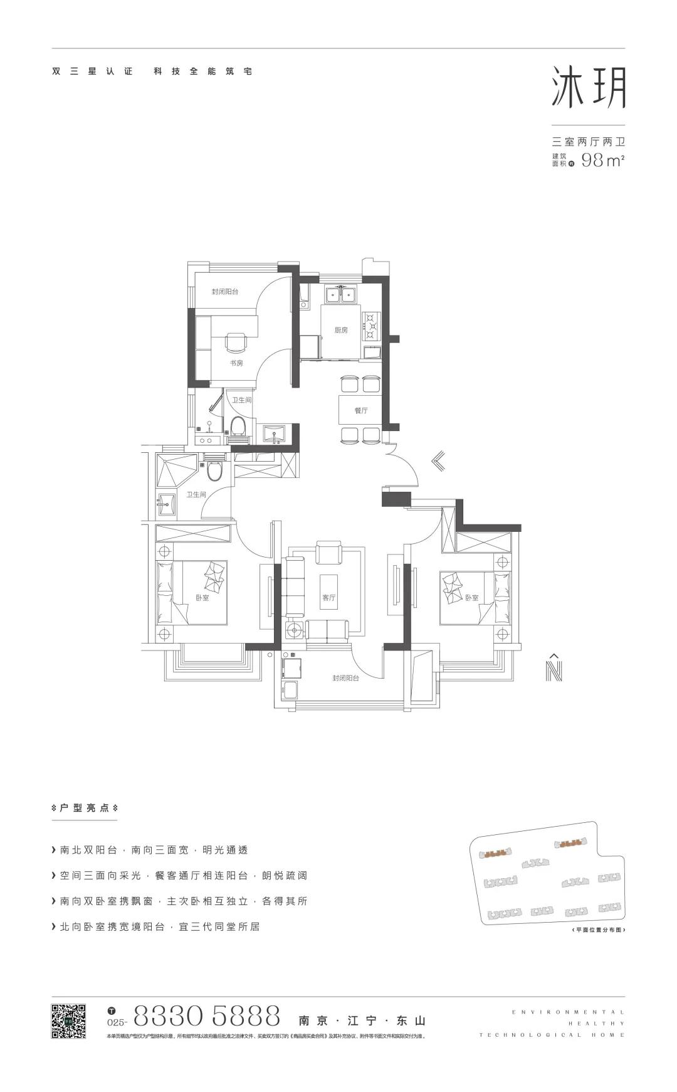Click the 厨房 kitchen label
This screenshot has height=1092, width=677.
340,330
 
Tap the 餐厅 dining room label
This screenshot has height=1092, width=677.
360,410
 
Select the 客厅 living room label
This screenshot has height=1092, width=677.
328,597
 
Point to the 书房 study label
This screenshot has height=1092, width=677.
236,363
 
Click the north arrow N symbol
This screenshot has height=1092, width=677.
554,668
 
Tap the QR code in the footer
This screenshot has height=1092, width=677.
68,1021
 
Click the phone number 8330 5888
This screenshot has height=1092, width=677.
207,1014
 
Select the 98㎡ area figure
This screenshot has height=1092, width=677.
602,161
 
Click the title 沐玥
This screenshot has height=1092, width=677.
588,88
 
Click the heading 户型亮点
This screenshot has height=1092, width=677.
85,808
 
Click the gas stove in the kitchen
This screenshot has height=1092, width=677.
372,326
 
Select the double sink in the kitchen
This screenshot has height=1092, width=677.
340,294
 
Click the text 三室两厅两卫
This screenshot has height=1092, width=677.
588,143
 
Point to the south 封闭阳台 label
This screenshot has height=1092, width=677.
345,678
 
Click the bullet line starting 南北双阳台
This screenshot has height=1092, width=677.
154,850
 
